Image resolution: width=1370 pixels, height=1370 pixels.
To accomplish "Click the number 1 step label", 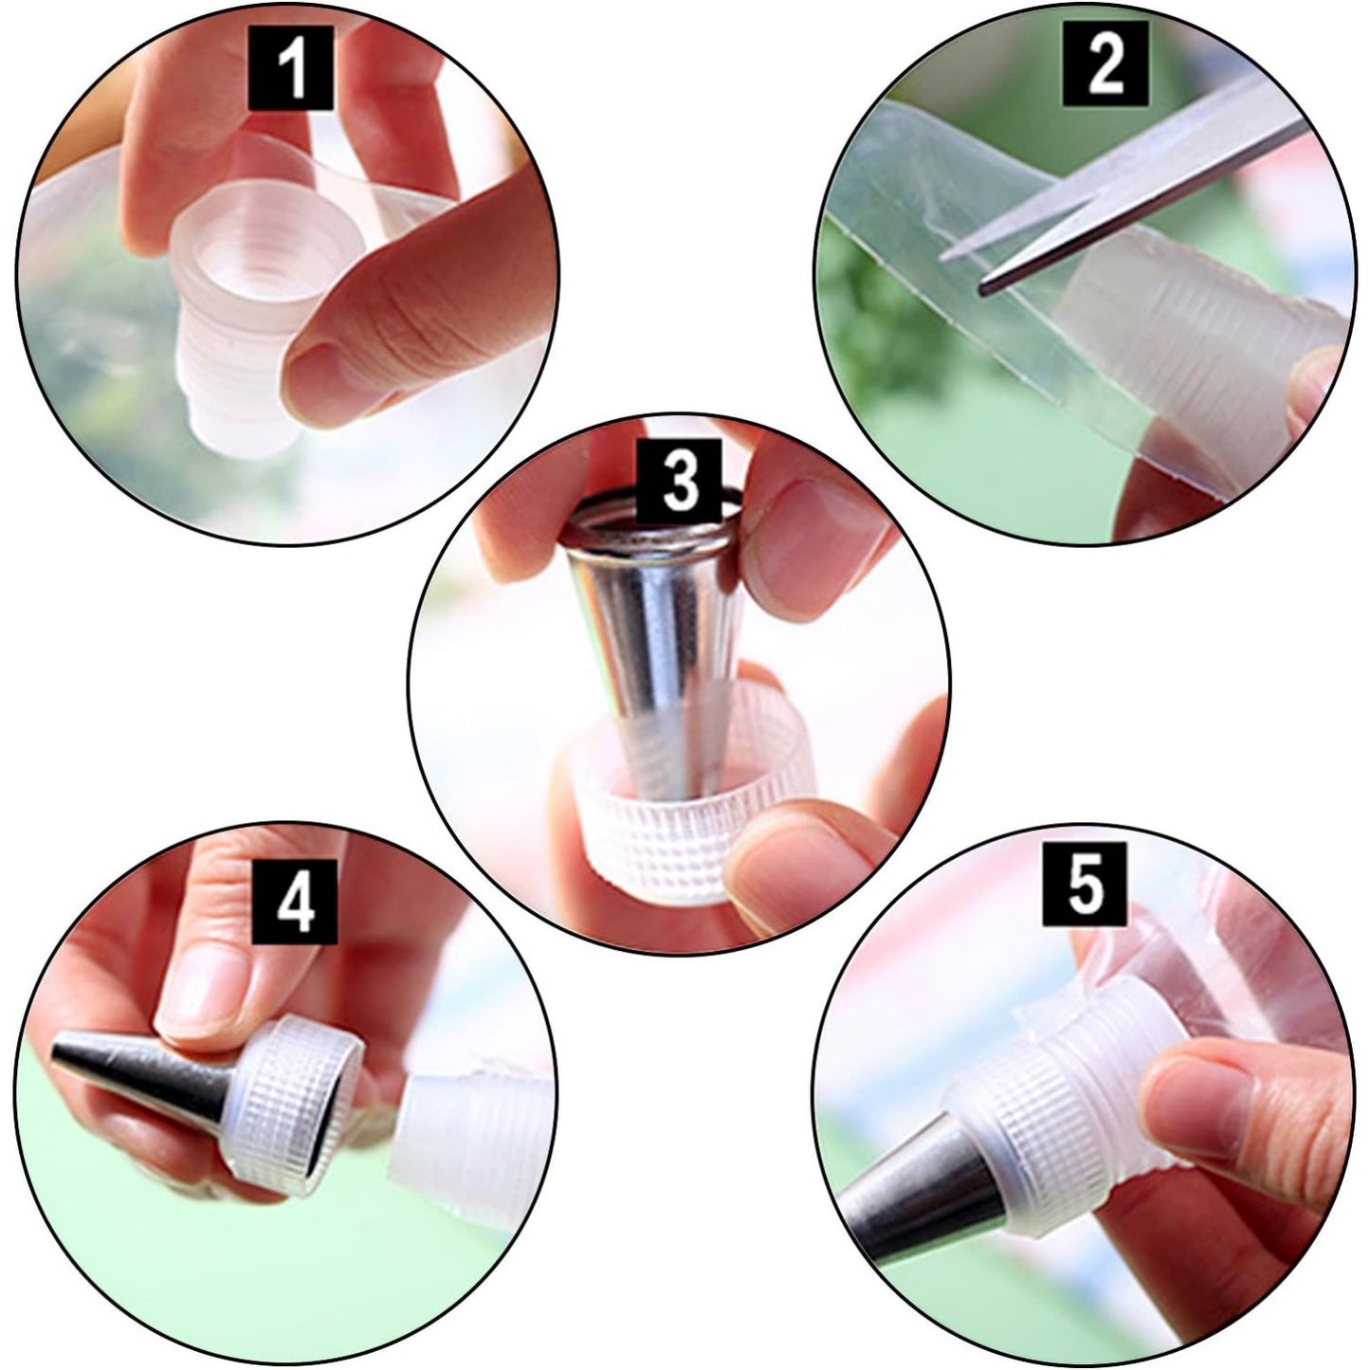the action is tap(291, 67).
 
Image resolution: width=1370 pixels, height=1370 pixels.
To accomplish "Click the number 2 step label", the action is tap(1105, 64).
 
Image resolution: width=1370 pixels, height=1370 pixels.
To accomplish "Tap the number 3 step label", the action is tap(679, 482).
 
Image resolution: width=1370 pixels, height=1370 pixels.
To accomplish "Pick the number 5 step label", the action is tap(1085, 884).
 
